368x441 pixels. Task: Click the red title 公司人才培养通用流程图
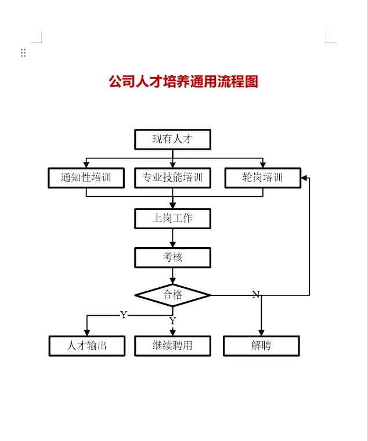pyautogui.click(x=183, y=82)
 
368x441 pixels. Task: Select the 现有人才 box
pyautogui.click(x=172, y=139)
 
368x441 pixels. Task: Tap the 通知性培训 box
pyautogui.click(x=86, y=178)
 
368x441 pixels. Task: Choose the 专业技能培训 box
pyautogui.click(x=172, y=178)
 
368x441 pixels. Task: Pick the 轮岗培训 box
pyautogui.click(x=262, y=178)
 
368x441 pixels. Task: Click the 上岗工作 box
pyautogui.click(x=172, y=219)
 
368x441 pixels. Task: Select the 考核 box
pyautogui.click(x=172, y=258)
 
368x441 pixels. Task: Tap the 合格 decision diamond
pyautogui.click(x=172, y=295)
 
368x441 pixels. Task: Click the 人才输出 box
pyautogui.click(x=86, y=346)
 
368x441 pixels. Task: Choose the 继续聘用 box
pyautogui.click(x=172, y=346)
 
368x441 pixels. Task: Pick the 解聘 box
pyautogui.click(x=261, y=346)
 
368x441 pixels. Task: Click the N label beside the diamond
pyautogui.click(x=256, y=295)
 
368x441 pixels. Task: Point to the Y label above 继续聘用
pyautogui.click(x=172, y=321)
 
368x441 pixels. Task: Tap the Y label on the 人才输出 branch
pyautogui.click(x=124, y=315)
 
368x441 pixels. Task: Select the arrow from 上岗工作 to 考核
pyautogui.click(x=172, y=238)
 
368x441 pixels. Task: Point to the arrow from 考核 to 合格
pyautogui.click(x=172, y=276)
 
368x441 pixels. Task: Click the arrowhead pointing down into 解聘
pyautogui.click(x=261, y=333)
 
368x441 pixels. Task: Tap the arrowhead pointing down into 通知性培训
pyautogui.click(x=86, y=165)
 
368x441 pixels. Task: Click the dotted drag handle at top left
pyautogui.click(x=23, y=53)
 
